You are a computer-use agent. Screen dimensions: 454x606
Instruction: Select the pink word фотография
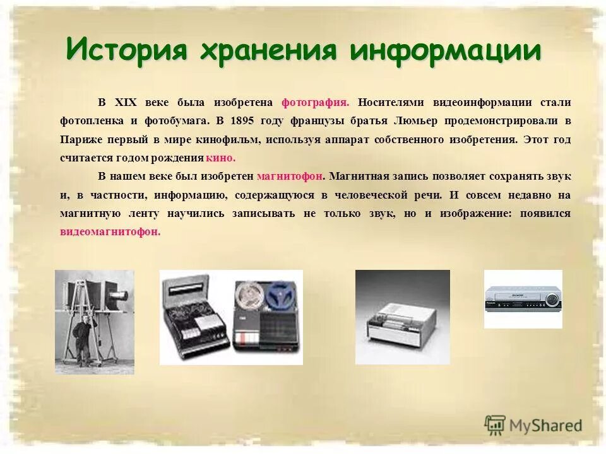(x=315, y=103)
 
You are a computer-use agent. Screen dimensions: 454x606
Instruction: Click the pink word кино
(x=220, y=158)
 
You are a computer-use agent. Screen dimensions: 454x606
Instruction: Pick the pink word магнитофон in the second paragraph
(x=290, y=177)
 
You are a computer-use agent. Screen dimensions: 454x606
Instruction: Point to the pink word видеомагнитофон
(x=110, y=231)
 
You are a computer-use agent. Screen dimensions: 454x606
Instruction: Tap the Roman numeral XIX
(x=126, y=103)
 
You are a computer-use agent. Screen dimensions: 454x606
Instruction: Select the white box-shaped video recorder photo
(x=402, y=317)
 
